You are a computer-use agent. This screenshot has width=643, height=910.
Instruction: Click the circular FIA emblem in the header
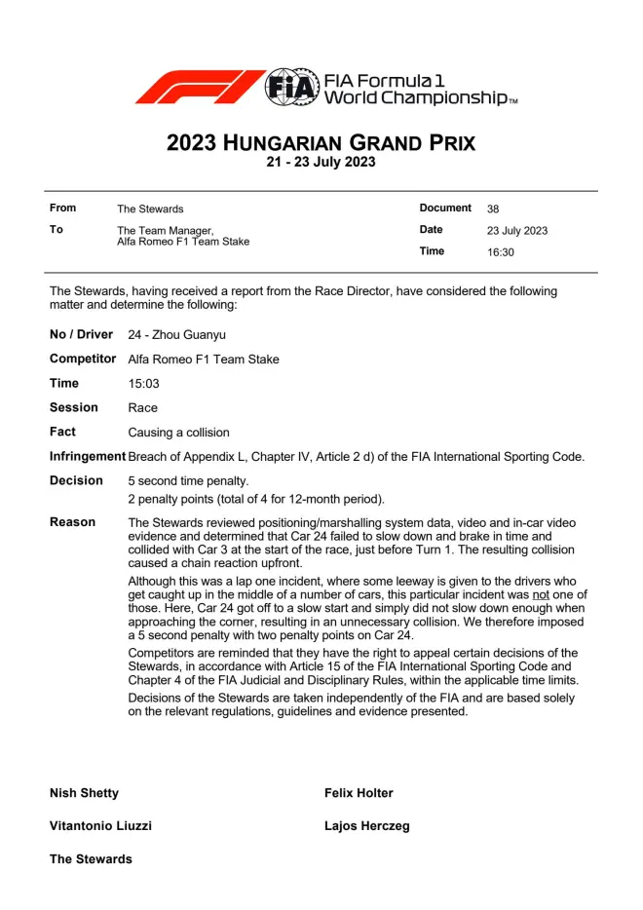tap(292, 88)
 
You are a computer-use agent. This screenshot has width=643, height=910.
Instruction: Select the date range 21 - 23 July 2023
tap(321, 163)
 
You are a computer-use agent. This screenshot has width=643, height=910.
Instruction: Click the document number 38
tap(493, 209)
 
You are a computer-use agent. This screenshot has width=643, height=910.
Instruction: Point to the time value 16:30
tap(501, 252)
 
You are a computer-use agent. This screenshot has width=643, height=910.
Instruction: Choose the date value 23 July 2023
tap(517, 231)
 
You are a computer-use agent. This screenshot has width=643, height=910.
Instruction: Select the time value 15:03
tap(143, 384)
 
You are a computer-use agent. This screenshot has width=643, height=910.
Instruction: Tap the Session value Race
tap(142, 408)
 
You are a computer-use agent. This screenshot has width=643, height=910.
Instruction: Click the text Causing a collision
tap(179, 433)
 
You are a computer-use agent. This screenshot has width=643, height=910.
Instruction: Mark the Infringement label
tap(88, 456)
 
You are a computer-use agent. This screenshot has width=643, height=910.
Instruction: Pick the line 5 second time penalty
tap(189, 481)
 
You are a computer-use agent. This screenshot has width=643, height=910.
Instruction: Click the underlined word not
tap(541, 594)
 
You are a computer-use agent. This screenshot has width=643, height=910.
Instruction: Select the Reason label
tap(73, 522)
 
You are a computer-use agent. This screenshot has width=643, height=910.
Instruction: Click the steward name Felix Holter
tap(359, 793)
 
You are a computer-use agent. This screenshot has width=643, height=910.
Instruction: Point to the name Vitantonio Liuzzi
tap(100, 826)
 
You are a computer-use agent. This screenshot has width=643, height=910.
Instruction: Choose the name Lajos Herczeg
tap(366, 826)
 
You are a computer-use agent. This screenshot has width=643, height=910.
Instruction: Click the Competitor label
tap(83, 360)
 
